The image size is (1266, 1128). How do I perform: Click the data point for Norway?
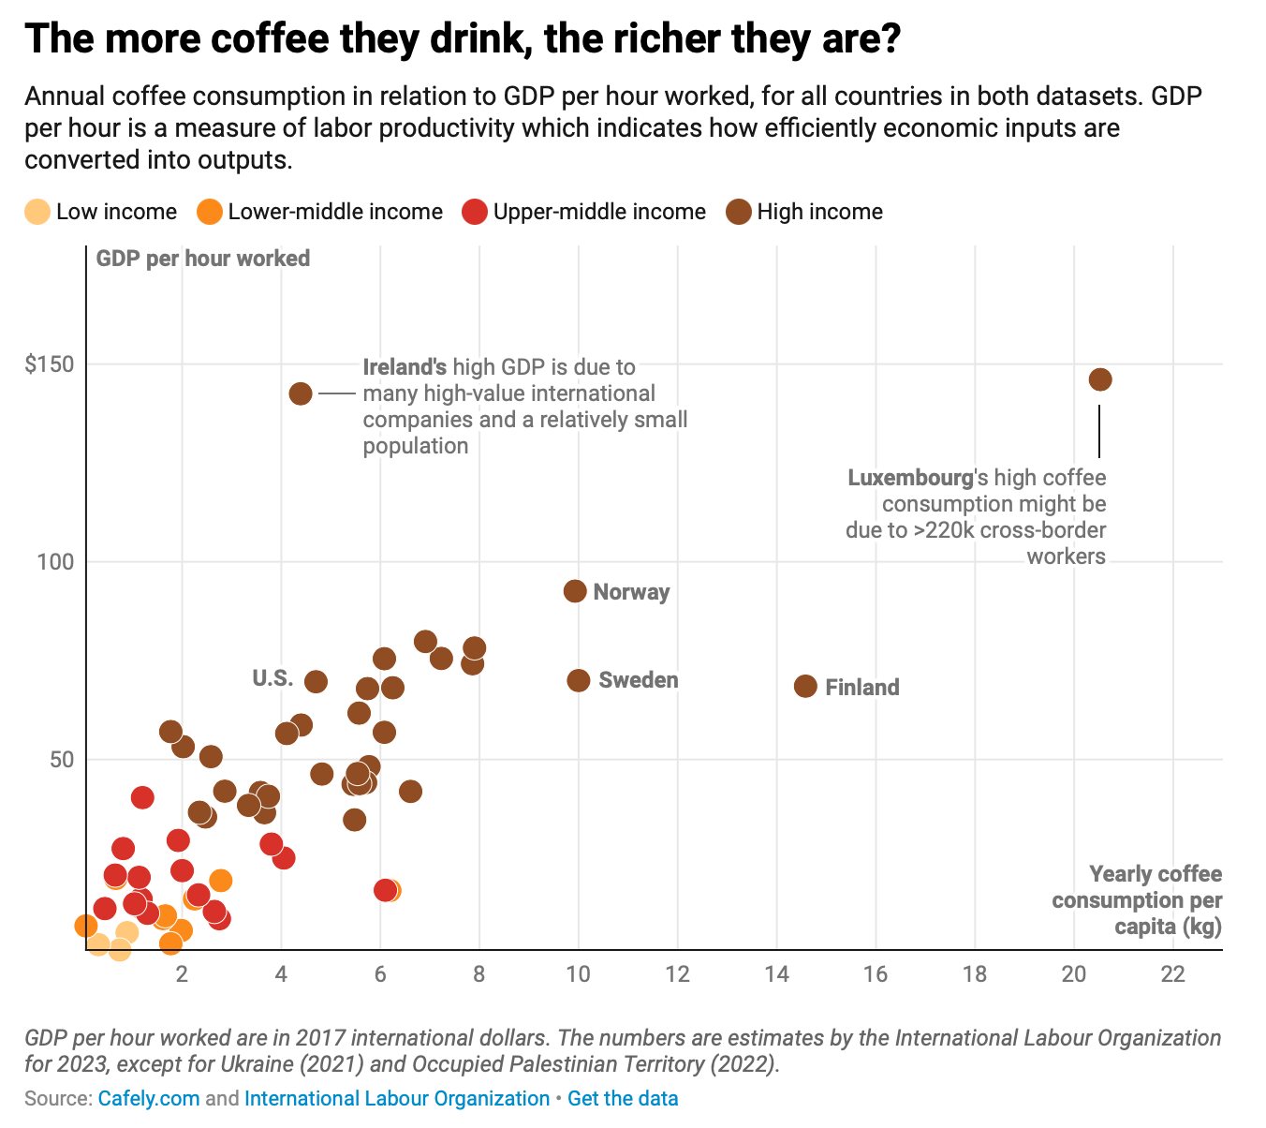[x=575, y=591]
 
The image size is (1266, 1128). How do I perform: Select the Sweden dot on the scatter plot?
[x=579, y=680]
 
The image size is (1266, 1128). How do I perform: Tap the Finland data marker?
[x=805, y=687]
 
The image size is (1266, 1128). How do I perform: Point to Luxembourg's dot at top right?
[x=1100, y=379]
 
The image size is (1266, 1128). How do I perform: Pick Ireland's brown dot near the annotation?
[x=301, y=393]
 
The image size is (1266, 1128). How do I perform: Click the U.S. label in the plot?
[x=272, y=678]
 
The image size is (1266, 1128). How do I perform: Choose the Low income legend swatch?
[x=37, y=212]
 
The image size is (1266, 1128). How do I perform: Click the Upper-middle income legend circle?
[x=475, y=212]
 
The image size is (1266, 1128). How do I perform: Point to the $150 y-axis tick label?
[x=50, y=364]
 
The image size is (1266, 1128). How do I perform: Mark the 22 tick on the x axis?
[x=1172, y=974]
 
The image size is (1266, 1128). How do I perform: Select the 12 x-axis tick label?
[x=677, y=974]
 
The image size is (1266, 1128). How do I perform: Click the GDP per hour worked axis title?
[x=203, y=259]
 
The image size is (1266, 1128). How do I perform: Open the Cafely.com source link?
[x=149, y=1099]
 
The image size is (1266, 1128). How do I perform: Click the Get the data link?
[x=623, y=1099]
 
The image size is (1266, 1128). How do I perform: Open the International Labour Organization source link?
[x=397, y=1099]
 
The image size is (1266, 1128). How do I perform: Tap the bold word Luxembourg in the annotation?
[x=910, y=478]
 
